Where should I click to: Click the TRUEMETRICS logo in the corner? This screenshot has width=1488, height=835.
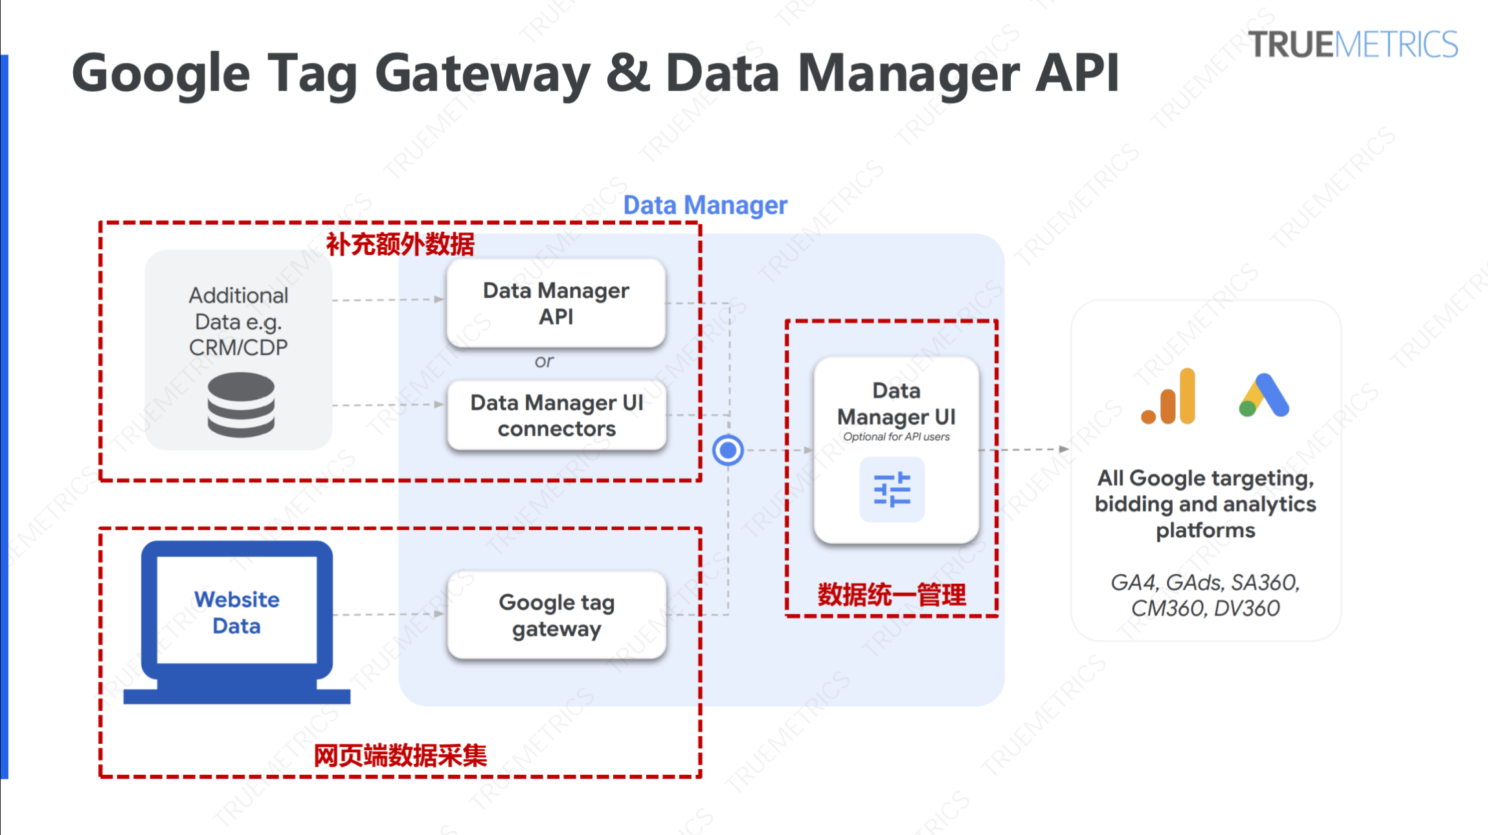(x=1353, y=45)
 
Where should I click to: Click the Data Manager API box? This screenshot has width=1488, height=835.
(x=556, y=303)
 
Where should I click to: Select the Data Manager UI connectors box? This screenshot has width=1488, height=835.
(x=556, y=415)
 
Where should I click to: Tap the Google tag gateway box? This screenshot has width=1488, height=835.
(x=556, y=615)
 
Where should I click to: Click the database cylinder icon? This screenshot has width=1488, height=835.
(x=241, y=405)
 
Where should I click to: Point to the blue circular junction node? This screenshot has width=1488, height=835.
(x=728, y=450)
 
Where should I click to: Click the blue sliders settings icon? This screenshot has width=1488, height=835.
(x=892, y=489)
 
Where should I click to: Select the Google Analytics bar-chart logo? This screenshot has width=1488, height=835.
(x=1169, y=397)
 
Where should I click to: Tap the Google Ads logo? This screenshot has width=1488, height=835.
(x=1264, y=395)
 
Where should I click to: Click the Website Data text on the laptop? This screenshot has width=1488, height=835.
(x=237, y=612)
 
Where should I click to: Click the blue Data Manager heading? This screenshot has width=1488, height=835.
(x=705, y=205)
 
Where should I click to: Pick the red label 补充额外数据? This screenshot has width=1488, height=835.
(x=400, y=245)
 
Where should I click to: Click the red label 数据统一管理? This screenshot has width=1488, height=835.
(x=891, y=595)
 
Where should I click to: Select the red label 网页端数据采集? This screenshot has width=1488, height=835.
(x=400, y=755)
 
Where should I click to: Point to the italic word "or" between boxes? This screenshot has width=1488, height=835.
(x=544, y=361)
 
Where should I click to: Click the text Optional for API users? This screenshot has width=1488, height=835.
(x=896, y=437)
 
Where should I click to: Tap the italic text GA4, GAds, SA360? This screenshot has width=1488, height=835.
(x=1205, y=583)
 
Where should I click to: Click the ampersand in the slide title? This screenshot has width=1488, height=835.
(x=627, y=73)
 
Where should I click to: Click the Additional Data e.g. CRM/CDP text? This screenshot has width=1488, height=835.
(x=238, y=321)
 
